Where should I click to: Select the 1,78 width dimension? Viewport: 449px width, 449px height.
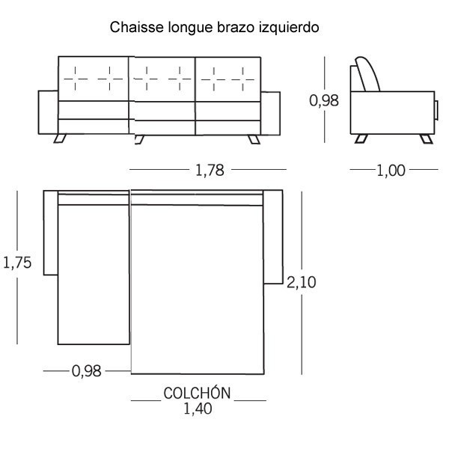(x=210, y=170)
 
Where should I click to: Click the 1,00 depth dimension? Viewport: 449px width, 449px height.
(x=391, y=171)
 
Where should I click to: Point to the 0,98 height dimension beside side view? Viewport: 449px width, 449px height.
(x=324, y=100)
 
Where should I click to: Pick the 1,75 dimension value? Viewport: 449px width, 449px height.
(x=17, y=263)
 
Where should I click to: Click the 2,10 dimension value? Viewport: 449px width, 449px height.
(x=302, y=282)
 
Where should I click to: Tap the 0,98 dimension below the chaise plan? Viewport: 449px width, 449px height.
(x=87, y=371)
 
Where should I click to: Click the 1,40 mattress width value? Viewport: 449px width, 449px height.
(x=198, y=409)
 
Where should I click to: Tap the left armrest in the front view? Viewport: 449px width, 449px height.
(x=48, y=112)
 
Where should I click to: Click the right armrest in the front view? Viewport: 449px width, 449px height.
(x=270, y=114)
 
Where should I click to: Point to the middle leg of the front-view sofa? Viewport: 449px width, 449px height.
(x=139, y=139)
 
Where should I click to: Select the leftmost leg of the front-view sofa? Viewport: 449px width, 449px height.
(x=60, y=138)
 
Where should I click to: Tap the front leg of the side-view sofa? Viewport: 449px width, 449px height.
(x=427, y=139)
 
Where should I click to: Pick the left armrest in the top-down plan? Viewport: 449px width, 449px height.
(x=51, y=233)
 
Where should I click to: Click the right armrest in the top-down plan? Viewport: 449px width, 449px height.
(x=273, y=236)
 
